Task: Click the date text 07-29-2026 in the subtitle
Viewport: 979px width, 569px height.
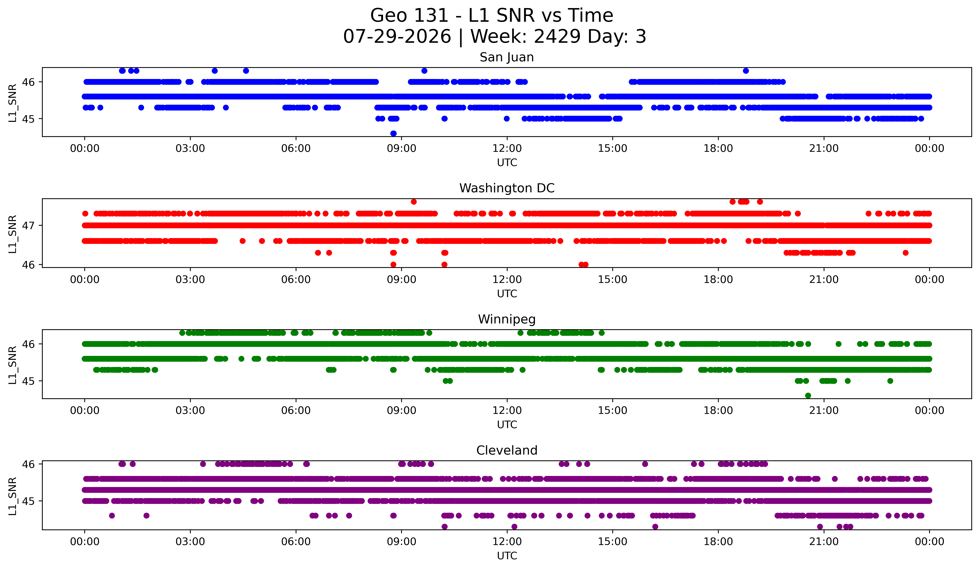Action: click(x=397, y=37)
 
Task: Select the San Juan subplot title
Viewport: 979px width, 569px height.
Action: click(x=507, y=57)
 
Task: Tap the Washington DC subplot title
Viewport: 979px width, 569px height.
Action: click(x=507, y=188)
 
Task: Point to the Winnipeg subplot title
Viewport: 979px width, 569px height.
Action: click(x=507, y=319)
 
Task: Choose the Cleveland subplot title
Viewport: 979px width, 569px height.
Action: click(x=507, y=450)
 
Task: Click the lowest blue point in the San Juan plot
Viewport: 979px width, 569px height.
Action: click(x=393, y=133)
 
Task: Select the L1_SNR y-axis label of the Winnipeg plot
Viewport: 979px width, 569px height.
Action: click(x=12, y=365)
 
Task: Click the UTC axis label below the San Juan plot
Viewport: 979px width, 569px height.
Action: click(x=507, y=163)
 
